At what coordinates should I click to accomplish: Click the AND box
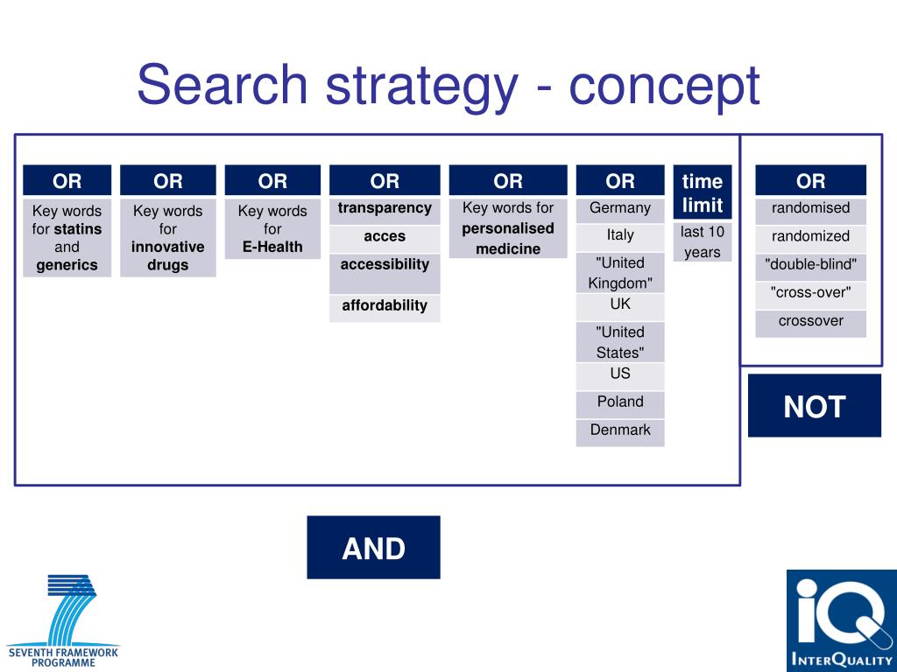(373, 548)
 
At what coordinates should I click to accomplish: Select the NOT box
(814, 406)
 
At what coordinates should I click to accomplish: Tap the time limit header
(702, 192)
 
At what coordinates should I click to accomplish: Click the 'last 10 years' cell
(702, 242)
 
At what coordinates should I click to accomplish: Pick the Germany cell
(620, 208)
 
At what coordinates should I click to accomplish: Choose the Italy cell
(620, 235)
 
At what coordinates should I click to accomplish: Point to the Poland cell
(620, 402)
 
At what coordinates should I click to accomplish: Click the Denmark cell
(620, 430)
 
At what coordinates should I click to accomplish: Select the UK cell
(620, 305)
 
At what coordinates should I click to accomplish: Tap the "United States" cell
(620, 342)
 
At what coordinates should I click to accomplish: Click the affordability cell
(385, 306)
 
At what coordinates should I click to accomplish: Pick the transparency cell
(385, 209)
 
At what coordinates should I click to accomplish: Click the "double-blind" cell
(810, 264)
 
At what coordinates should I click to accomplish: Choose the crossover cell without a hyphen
(810, 321)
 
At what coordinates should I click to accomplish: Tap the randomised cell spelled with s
(810, 208)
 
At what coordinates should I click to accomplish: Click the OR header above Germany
(620, 181)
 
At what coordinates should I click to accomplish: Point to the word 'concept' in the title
(664, 86)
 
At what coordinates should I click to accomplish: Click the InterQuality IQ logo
(841, 620)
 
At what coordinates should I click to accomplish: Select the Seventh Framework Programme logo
(63, 620)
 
